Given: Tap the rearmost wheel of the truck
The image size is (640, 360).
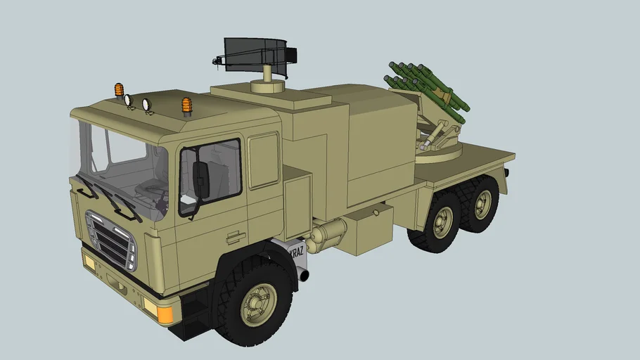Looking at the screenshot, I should coord(482,203).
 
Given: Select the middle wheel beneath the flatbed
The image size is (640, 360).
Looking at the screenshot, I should coord(440,222).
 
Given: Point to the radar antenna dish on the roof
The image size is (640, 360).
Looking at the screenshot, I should coord(257,56).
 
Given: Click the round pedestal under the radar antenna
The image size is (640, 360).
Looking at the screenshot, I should coord(268,84).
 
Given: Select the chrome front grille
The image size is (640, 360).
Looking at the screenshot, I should coord(111,240).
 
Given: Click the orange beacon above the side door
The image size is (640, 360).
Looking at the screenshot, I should coord(186,105).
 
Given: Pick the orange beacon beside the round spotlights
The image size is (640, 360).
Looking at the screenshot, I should coord(120,90).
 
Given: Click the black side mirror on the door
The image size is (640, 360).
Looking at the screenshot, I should coord(201,180).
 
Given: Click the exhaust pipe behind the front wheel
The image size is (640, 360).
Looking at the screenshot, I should coord(304,274).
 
